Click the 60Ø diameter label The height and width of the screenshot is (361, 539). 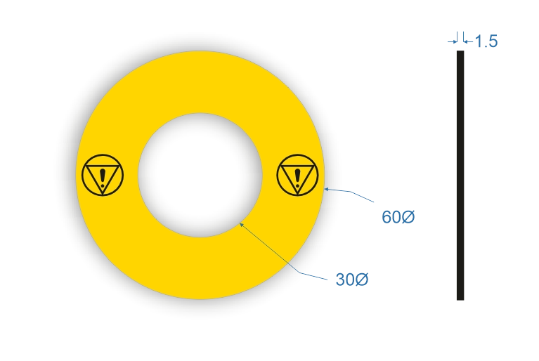(398, 217)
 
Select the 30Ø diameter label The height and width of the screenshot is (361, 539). (352, 280)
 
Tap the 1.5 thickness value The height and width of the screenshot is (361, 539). (486, 41)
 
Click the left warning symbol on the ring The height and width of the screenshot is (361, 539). (103, 175)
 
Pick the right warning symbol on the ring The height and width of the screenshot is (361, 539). (297, 175)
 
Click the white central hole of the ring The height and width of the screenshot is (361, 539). (200, 175)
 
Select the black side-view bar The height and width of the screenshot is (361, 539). (460, 176)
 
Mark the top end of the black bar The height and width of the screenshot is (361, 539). (460, 51)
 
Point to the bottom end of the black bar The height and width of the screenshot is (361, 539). (460, 300)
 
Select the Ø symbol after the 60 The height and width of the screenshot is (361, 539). (408, 217)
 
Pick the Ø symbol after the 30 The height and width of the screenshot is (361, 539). (362, 280)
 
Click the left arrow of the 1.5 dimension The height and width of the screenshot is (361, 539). (453, 41)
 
